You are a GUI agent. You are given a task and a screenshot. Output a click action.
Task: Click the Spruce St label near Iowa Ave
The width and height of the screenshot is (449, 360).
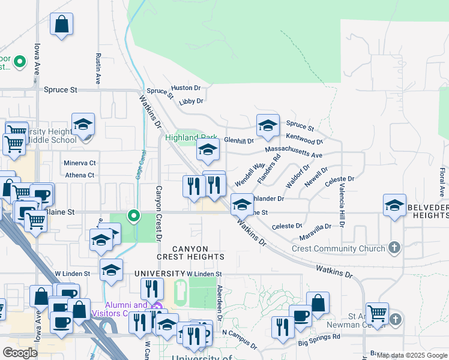tap(61, 89)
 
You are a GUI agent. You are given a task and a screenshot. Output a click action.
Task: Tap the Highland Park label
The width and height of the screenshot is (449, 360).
tap(191, 137)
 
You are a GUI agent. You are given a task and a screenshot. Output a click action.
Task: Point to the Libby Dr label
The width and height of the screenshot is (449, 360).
tap(191, 101)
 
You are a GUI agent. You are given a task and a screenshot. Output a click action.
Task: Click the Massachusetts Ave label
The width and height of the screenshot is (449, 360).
tap(294, 152)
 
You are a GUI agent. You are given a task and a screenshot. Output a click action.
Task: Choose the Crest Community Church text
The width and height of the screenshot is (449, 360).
tap(338, 248)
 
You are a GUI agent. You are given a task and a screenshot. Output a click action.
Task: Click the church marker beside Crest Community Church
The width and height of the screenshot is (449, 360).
tap(394, 247)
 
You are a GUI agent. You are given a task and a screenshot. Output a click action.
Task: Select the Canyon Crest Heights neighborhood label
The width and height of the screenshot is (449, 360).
tap(191, 253)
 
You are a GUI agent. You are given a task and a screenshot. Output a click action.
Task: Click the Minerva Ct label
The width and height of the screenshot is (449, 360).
tap(79, 163)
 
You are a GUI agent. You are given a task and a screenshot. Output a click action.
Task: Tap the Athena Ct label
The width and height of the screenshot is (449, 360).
tap(80, 175)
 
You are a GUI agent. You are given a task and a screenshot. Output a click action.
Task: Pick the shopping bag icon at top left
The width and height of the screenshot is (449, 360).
tap(62, 25)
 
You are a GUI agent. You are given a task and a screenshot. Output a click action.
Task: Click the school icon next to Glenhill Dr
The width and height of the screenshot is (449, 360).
tap(268, 125)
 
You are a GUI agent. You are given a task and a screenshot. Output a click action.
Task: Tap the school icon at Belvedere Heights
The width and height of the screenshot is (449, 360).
tap(395, 205)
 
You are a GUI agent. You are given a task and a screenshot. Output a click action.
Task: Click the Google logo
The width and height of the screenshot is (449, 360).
tap(20, 353)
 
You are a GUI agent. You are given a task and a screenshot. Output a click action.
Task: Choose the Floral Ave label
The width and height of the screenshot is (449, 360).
tap(442, 183)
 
